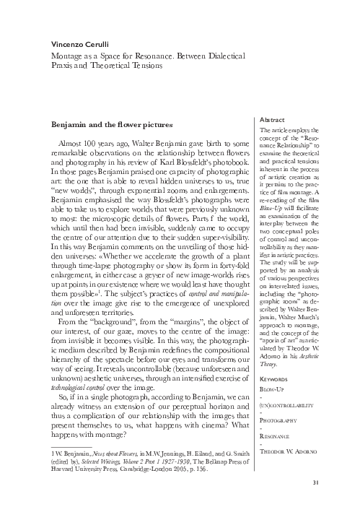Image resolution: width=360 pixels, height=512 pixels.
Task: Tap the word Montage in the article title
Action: (67, 54)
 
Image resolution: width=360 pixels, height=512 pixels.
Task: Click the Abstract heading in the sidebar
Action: (273, 119)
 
